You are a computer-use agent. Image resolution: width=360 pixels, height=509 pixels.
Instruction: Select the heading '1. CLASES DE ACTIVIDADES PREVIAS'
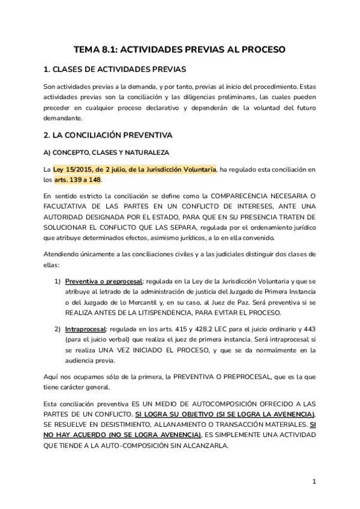(x=115, y=69)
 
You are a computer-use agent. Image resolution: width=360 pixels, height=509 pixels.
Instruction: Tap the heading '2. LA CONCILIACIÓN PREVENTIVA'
(x=108, y=135)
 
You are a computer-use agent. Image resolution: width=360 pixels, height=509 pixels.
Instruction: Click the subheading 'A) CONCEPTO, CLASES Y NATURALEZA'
(x=106, y=152)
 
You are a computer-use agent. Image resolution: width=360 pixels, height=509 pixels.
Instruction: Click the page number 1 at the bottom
(x=314, y=481)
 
